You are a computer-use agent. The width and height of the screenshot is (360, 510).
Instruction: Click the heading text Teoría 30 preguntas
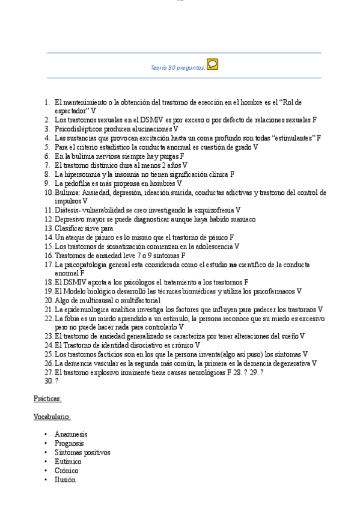coord(177,68)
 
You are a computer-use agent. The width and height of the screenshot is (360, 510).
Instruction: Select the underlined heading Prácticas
coord(47,398)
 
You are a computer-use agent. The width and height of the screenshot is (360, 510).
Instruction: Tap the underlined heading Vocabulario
coord(52,416)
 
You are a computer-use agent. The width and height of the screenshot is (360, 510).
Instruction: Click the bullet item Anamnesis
coord(71,434)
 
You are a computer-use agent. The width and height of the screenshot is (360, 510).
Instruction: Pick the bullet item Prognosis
coord(69,443)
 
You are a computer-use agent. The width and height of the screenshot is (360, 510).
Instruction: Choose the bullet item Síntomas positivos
coord(82,452)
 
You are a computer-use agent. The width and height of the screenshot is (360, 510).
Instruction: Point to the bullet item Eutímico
coord(68,461)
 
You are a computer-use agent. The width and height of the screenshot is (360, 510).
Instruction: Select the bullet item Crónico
coord(67,470)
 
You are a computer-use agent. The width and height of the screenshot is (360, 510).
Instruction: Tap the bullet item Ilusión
coord(65,479)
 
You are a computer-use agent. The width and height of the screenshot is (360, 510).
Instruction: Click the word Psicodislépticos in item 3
coord(79,129)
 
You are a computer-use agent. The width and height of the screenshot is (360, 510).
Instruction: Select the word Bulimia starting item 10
coord(67,192)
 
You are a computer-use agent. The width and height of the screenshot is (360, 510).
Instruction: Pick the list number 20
coord(48,300)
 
